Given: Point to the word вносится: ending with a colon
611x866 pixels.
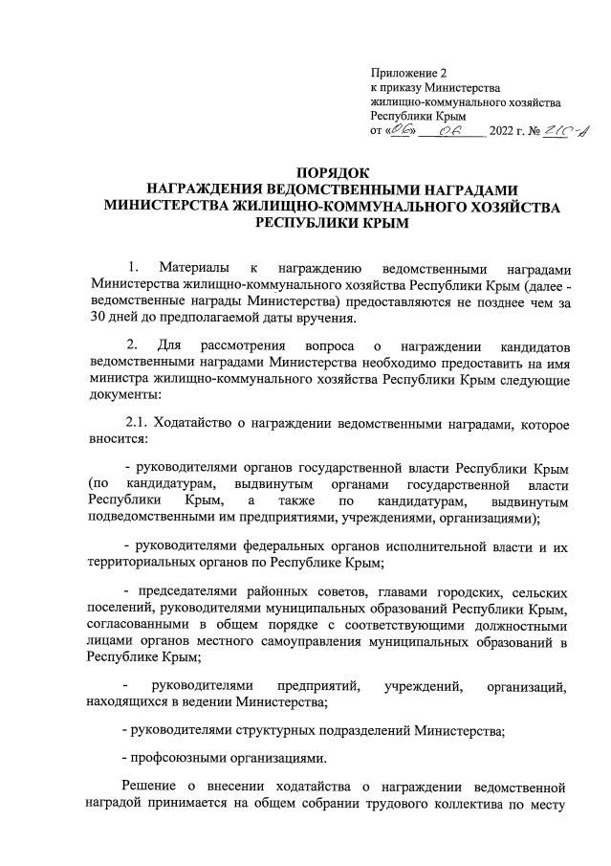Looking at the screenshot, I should point(117,441).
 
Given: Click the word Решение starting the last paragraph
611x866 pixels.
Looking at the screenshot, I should point(156,787).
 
